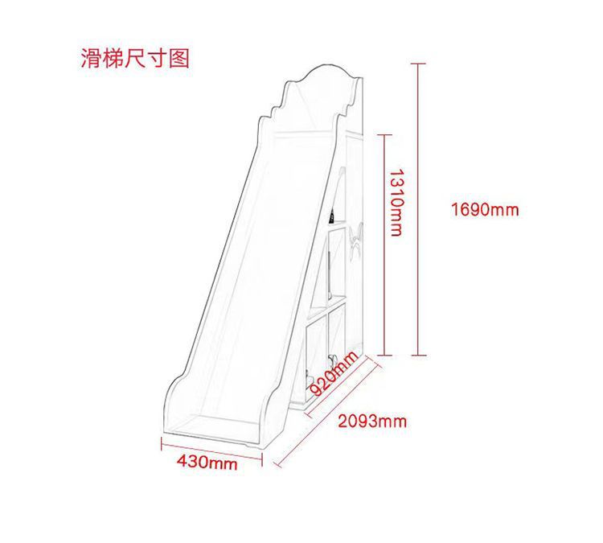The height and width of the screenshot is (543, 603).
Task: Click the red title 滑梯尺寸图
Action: pyautogui.click(x=135, y=59)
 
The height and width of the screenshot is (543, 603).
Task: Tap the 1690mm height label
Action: pyautogui.click(x=485, y=210)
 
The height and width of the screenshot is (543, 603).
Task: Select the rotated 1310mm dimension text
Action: pyautogui.click(x=396, y=201)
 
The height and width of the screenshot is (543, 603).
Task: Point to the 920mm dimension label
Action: pyautogui.click(x=332, y=376)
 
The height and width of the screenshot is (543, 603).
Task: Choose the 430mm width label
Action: pyautogui.click(x=207, y=463)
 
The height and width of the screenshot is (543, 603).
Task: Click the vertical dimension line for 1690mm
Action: pyautogui.click(x=417, y=209)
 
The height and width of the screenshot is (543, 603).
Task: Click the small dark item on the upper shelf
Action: pyautogui.click(x=330, y=216)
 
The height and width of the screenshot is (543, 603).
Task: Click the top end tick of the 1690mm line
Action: pyautogui.click(x=417, y=63)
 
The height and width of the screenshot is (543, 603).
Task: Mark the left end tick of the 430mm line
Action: pyautogui.click(x=162, y=443)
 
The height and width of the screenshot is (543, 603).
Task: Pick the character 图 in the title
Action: pyautogui.click(x=180, y=59)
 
